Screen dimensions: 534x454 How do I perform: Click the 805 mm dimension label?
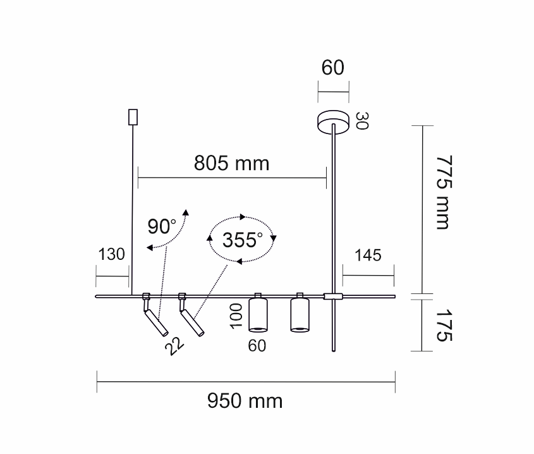[x=231, y=163]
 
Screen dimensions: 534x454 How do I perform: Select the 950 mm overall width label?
[x=245, y=401]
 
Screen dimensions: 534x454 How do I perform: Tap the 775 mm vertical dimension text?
[x=444, y=192]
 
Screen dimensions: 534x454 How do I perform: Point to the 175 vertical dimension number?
[x=444, y=325]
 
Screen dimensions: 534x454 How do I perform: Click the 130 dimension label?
[x=111, y=254]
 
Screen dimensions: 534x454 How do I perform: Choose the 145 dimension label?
[x=368, y=255]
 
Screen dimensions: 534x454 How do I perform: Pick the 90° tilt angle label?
[x=162, y=226]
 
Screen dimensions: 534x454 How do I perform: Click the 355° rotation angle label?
[x=243, y=240]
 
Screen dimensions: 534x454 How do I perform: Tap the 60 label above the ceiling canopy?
[x=333, y=68]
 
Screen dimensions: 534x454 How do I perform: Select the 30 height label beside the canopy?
[x=362, y=121]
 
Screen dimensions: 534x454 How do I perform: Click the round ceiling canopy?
[x=333, y=121]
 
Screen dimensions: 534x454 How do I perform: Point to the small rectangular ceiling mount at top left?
[x=133, y=117]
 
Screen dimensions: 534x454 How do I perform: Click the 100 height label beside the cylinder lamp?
[x=236, y=317]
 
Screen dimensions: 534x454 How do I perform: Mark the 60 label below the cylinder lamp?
[x=257, y=346]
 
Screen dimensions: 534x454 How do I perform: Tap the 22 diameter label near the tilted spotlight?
[x=174, y=347]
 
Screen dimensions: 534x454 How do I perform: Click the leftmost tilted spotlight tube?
[x=156, y=322]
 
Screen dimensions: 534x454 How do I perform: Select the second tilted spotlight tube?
[x=192, y=322]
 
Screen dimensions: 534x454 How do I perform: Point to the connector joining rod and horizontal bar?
[x=333, y=296]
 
